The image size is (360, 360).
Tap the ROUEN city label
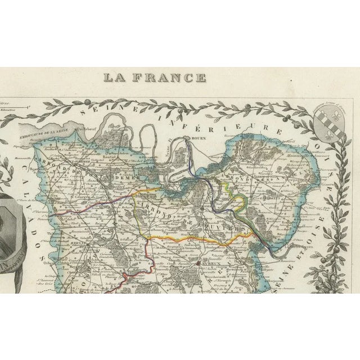point(197,141)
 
